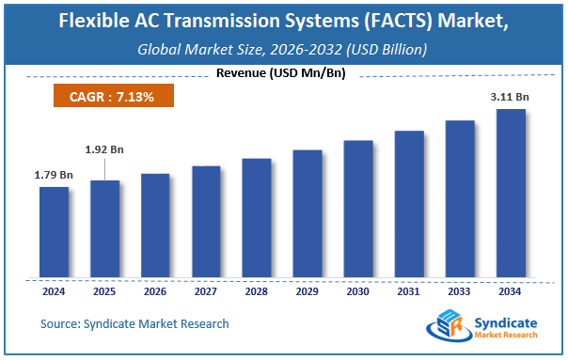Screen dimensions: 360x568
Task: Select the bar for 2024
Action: (x=54, y=232)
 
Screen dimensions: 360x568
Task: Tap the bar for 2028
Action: (x=257, y=218)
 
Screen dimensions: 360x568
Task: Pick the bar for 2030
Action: (x=358, y=209)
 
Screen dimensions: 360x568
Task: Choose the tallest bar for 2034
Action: (x=511, y=194)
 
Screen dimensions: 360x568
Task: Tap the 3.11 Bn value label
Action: (x=510, y=96)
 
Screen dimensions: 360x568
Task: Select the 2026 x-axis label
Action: (x=155, y=291)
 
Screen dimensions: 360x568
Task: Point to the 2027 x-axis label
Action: (x=206, y=291)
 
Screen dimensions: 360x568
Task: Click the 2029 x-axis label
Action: (x=308, y=291)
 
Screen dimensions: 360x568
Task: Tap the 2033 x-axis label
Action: (x=460, y=291)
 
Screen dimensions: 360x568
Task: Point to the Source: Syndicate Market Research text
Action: (x=134, y=323)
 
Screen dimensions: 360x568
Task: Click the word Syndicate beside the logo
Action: (x=509, y=317)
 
